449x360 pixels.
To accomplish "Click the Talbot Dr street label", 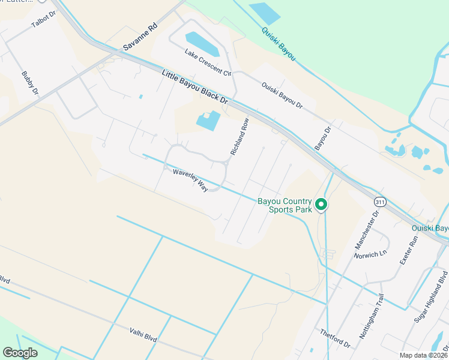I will click(43, 20).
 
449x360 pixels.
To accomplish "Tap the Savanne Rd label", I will click(139, 37).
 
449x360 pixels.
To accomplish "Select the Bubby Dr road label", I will click(29, 83).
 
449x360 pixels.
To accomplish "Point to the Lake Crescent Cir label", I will click(208, 62).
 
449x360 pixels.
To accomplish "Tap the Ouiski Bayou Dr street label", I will click(282, 95).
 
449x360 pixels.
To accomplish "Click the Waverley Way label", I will click(190, 180).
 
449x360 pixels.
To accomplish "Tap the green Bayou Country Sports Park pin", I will click(321, 205).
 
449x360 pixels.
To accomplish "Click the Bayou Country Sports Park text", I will click(285, 205).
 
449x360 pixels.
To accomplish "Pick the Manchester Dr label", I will click(367, 230).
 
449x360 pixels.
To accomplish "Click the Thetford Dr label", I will click(335, 338).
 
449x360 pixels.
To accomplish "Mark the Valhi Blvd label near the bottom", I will click(143, 334).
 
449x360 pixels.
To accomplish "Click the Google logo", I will click(20, 353).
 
